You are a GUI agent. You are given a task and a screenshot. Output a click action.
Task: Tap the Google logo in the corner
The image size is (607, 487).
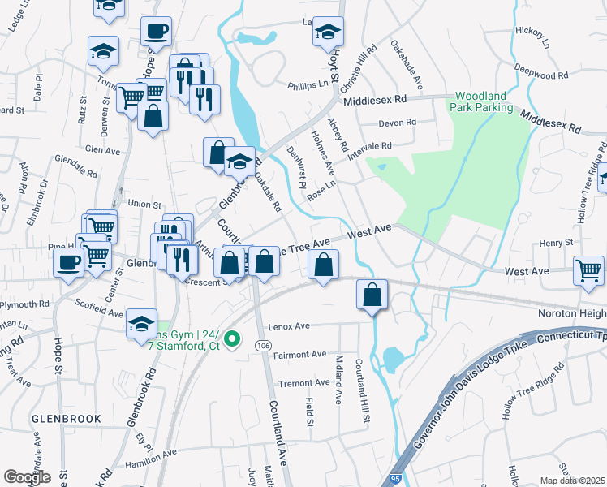click(27, 477)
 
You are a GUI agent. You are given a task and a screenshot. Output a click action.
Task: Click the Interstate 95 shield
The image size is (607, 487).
click(395, 480)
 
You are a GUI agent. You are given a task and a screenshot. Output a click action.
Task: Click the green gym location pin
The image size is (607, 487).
click(231, 339)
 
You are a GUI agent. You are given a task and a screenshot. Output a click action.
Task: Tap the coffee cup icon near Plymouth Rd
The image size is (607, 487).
click(69, 262)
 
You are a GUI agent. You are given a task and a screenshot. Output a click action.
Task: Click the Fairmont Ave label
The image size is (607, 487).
click(300, 354)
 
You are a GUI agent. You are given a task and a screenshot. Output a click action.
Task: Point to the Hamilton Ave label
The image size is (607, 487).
click(151, 458)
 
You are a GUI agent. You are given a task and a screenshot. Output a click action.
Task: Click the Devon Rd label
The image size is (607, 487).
click(398, 123)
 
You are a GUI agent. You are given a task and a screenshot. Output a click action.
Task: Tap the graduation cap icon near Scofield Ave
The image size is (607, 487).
click(142, 324)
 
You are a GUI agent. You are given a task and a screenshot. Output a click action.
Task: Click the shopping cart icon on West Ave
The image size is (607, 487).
click(588, 271)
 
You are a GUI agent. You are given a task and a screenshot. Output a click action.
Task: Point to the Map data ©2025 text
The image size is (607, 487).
click(572, 481)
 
